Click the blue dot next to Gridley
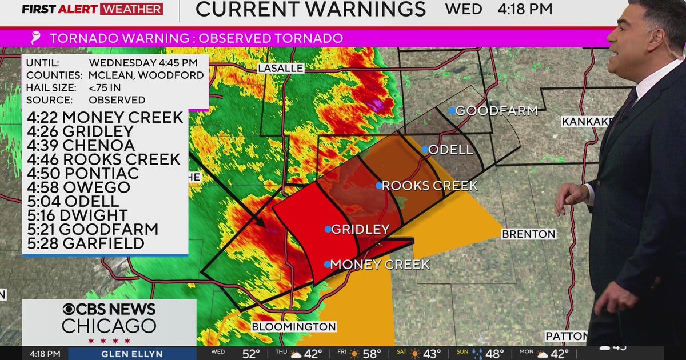click(x=328, y=229)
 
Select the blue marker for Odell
click(x=425, y=150)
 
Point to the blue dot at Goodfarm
click(x=452, y=110)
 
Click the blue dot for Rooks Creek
click(x=379, y=185)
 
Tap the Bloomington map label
click(x=294, y=327)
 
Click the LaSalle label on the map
click(x=280, y=68)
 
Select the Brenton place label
click(x=528, y=234)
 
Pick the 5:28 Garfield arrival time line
click(x=85, y=243)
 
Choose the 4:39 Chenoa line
click(x=81, y=145)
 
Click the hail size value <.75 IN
click(x=105, y=87)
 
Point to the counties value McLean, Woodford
click(x=146, y=75)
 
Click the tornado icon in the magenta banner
click(x=36, y=38)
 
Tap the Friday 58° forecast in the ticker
click(x=363, y=354)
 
